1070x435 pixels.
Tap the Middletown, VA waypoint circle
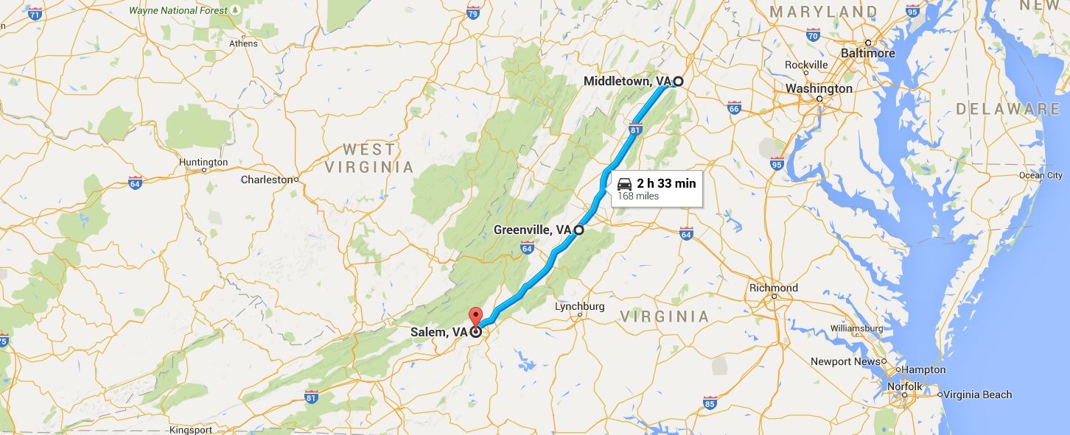coord(678,81)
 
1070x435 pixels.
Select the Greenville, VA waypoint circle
coord(578,230)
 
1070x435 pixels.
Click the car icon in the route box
coord(624,183)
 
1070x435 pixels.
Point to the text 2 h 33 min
coord(666,183)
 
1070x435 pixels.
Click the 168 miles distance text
coord(638,197)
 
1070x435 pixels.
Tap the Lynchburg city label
coord(579,306)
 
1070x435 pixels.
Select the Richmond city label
coord(773,288)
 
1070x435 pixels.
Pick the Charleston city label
coord(267,180)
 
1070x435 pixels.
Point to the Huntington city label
coord(203,162)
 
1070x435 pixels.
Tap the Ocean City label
coord(1041,175)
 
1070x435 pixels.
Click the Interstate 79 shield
coord(473,13)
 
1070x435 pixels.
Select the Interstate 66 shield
coord(733,109)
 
